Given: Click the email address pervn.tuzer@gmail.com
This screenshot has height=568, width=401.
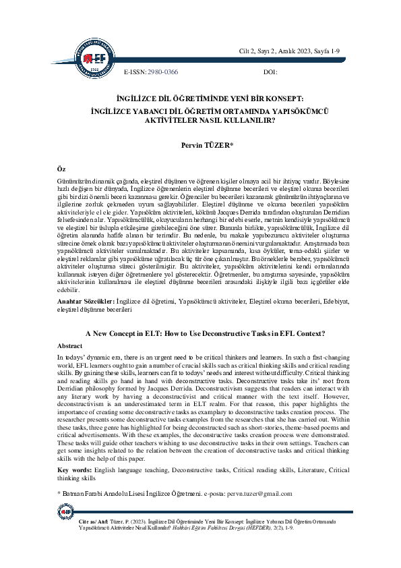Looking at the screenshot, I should [260, 494].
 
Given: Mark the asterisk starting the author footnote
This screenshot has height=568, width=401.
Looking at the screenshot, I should [59, 494].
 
